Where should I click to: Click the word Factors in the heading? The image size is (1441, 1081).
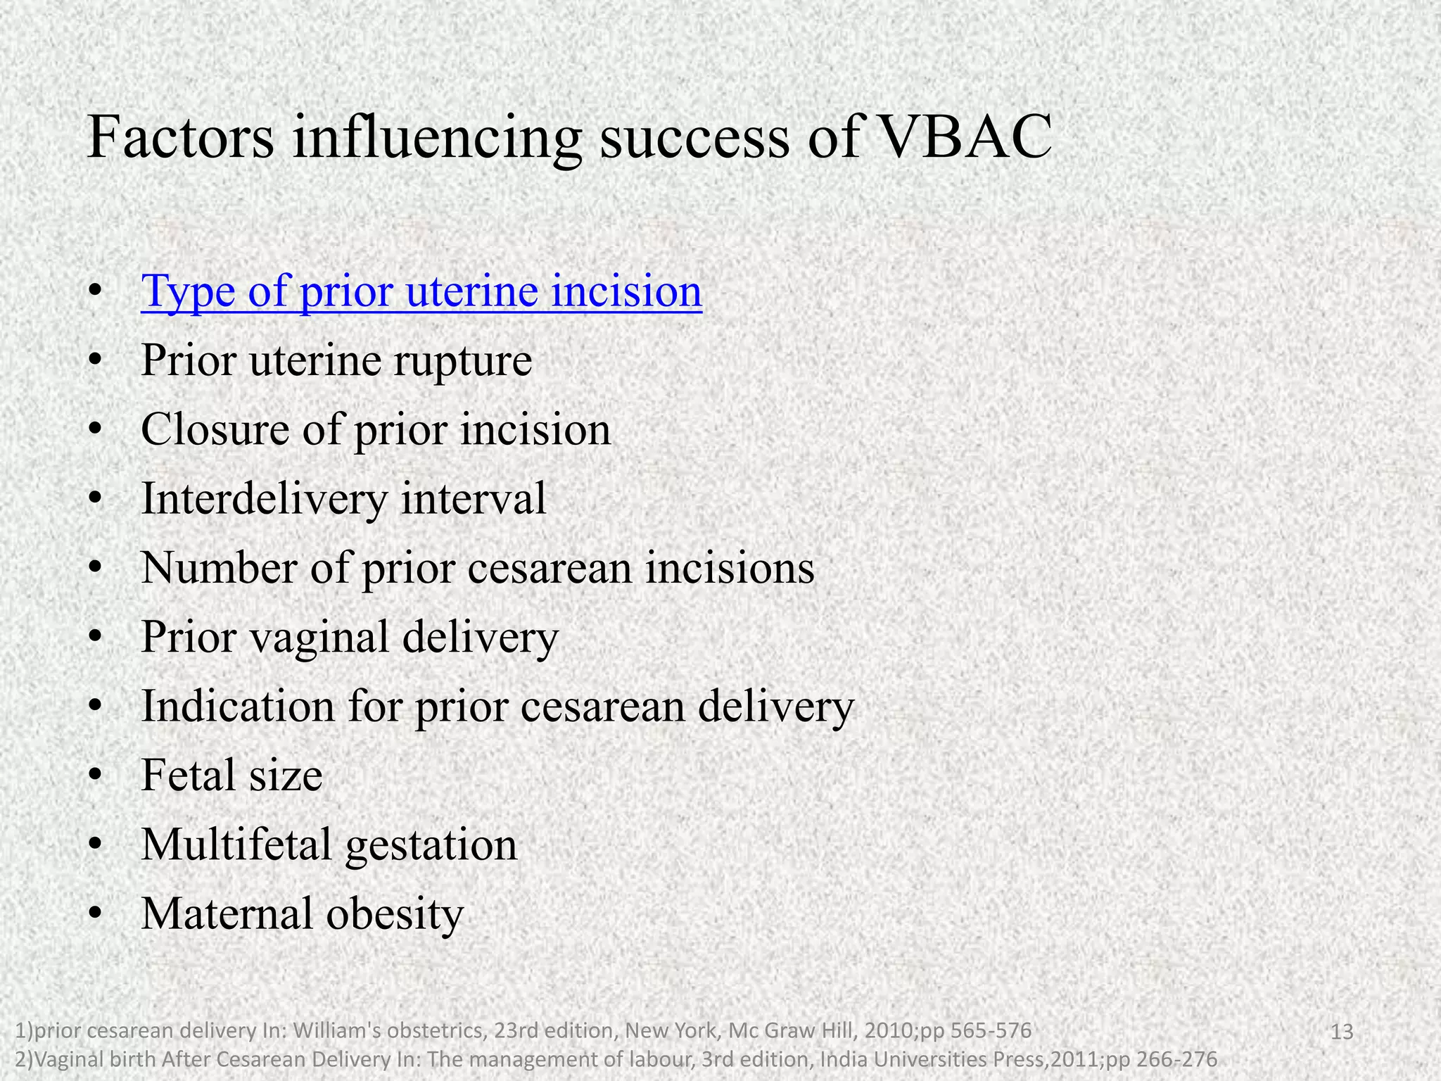coord(180,137)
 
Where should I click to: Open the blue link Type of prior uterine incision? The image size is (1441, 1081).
coord(421,291)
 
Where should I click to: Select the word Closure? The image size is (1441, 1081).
coord(215,429)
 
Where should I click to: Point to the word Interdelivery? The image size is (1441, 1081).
coord(264,499)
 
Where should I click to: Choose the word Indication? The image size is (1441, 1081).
coord(238,706)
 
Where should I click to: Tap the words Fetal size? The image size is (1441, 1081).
coord(231,775)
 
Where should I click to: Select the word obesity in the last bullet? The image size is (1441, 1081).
coord(395,914)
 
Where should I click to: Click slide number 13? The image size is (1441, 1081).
coord(1342,1032)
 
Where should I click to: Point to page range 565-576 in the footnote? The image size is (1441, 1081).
coord(991,1031)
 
